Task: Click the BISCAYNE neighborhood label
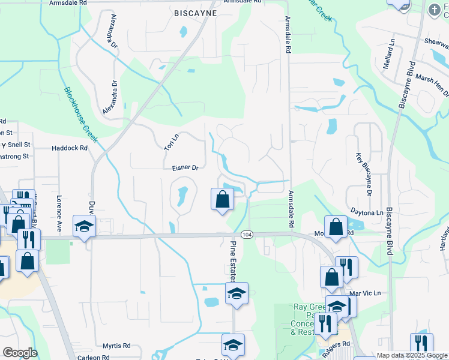coord(194,13)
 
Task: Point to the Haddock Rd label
coord(70,148)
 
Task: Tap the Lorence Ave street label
coord(59,213)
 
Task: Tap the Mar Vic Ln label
coord(365,293)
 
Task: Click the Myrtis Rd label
coord(116,346)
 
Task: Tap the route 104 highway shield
coord(247,233)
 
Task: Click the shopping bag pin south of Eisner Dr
coord(222,199)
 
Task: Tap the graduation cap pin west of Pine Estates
coord(84,227)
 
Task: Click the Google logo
coord(19,353)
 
